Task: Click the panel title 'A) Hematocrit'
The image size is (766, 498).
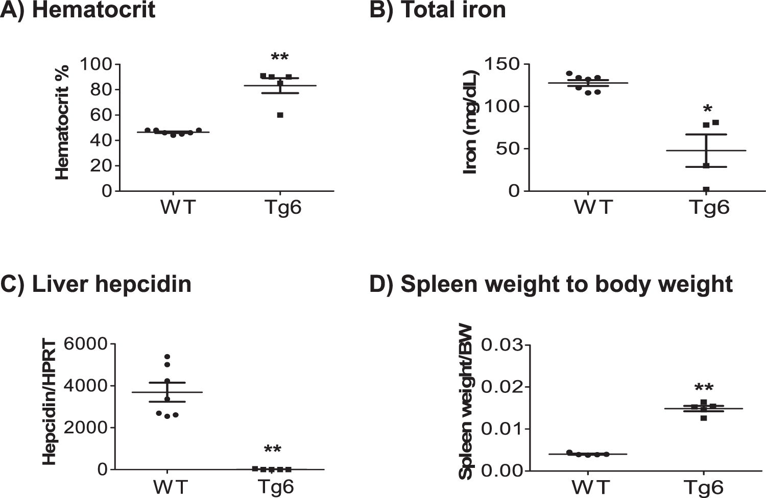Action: click(x=78, y=10)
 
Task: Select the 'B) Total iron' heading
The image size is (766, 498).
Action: click(x=438, y=10)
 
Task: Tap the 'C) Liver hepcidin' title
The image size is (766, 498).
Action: click(x=96, y=284)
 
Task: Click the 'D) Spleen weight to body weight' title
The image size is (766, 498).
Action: click(x=551, y=284)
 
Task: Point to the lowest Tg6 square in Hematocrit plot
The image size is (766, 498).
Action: click(x=280, y=115)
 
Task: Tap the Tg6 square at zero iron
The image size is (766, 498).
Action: click(x=706, y=189)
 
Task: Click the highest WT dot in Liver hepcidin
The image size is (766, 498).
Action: click(x=167, y=357)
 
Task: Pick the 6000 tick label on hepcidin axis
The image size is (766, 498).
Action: click(x=86, y=344)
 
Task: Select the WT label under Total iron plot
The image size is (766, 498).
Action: click(x=593, y=207)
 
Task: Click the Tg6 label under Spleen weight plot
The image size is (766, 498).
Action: click(x=703, y=487)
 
